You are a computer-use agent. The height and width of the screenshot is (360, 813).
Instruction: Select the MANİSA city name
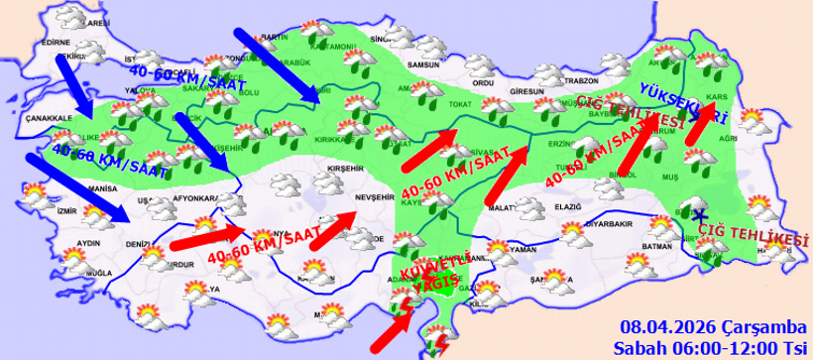click(102, 187)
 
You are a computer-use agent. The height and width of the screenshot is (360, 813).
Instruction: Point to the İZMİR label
click(66, 210)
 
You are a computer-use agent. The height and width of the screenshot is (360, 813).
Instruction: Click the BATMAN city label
click(657, 245)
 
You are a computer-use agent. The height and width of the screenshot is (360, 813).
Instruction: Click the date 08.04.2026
click(656, 328)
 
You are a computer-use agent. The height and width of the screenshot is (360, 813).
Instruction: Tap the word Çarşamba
click(747, 328)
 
